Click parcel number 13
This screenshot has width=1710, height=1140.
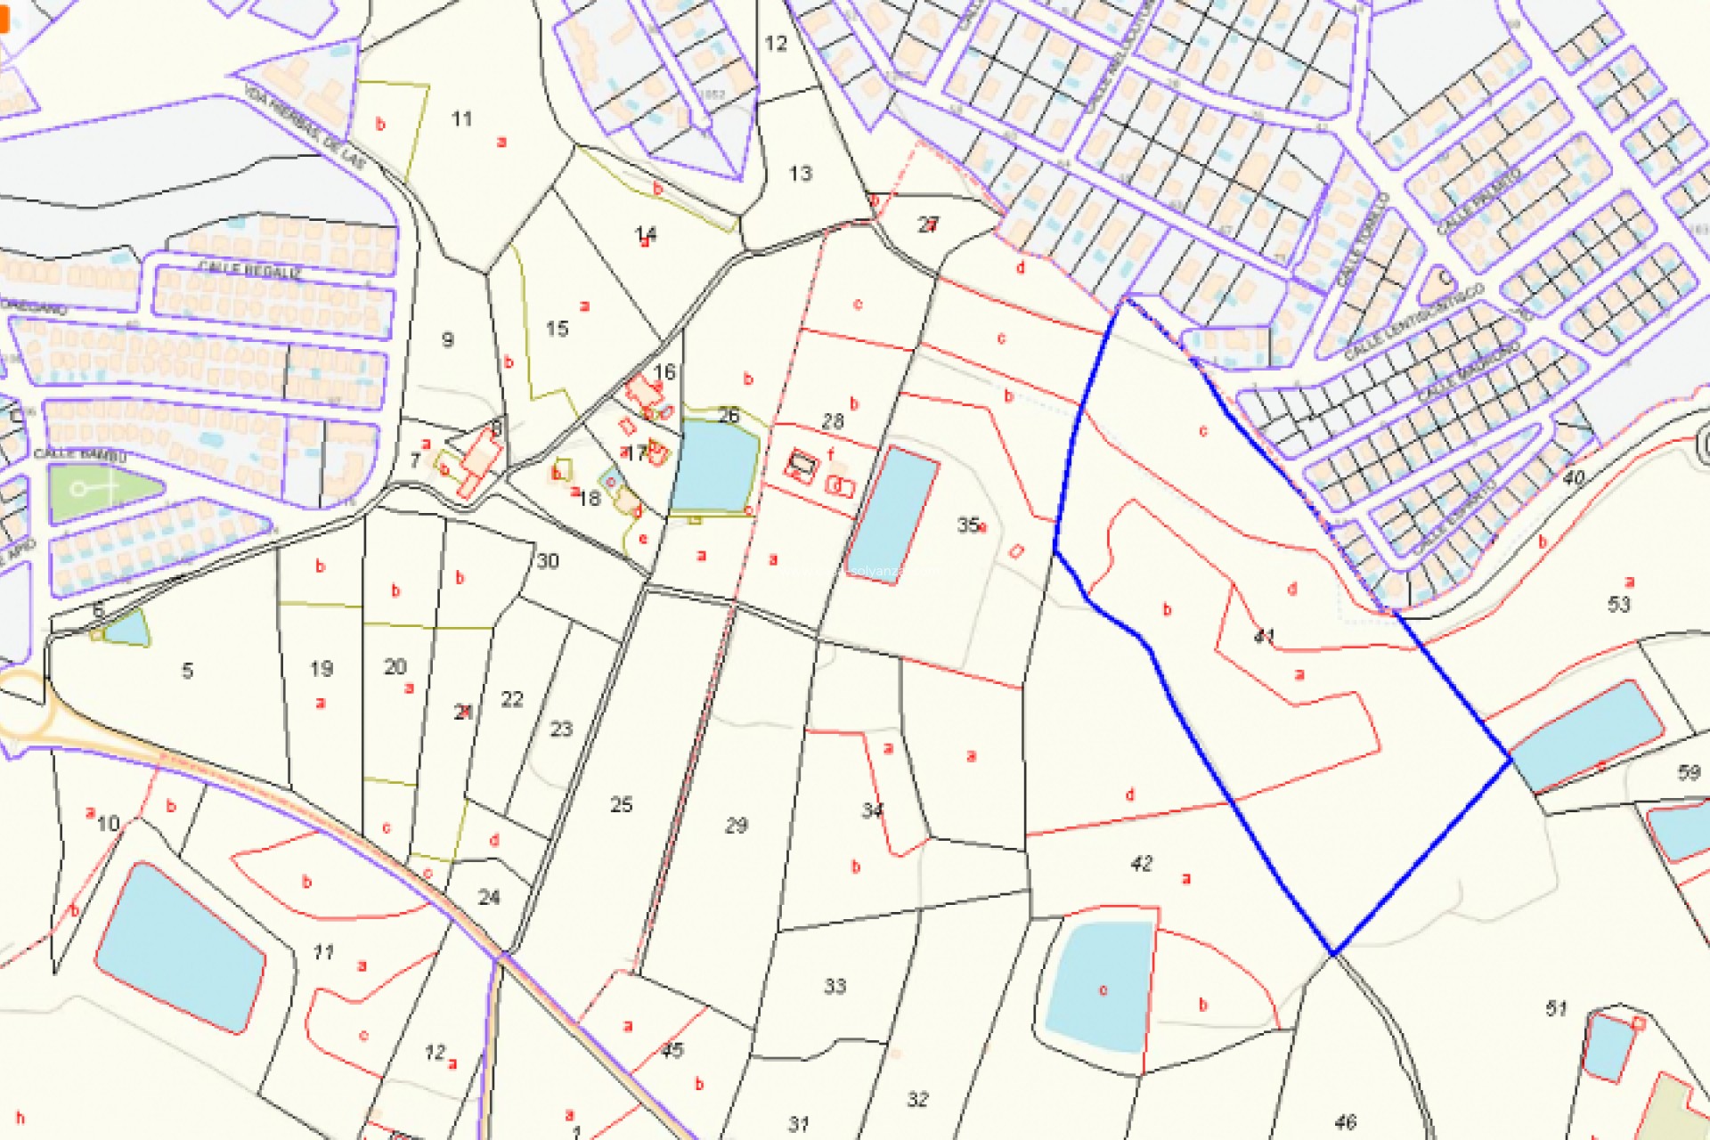800,174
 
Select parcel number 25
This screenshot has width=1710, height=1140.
621,805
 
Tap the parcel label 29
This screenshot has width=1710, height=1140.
736,826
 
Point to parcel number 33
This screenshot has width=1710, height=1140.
835,986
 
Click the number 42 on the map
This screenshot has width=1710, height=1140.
1141,863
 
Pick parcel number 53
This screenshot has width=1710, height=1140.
1618,605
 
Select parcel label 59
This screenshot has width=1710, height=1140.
1688,772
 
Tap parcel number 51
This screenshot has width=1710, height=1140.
1556,1008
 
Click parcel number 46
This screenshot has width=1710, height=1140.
1345,1122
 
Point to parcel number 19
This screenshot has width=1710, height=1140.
322,668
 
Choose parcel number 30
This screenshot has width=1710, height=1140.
548,561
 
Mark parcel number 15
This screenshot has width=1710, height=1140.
557,329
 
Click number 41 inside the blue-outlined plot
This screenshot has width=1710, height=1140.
1264,636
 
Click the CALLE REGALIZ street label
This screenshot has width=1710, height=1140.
249,270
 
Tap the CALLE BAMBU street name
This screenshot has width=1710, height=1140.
80,455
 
